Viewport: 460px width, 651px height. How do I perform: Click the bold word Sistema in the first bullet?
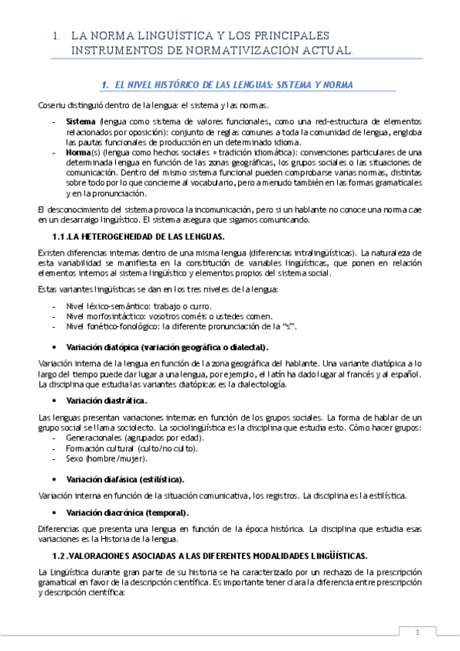81,121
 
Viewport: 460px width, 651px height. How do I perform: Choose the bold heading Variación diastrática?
107,401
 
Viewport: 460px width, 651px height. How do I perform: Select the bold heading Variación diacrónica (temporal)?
127,512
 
